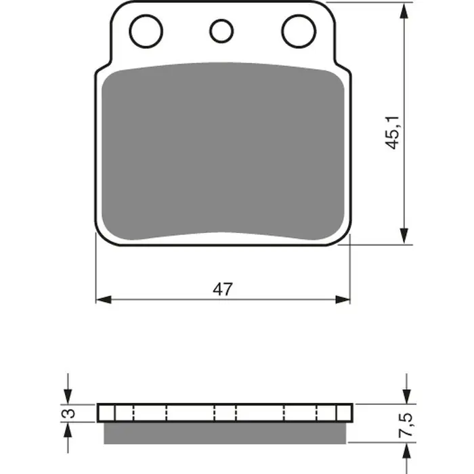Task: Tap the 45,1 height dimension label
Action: point(392,133)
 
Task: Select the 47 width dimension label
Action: point(223,289)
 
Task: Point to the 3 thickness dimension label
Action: point(70,413)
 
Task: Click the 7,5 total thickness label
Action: point(406,425)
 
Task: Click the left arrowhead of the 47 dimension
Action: point(104,299)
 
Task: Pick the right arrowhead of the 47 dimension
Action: point(343,299)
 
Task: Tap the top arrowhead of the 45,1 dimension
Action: point(404,11)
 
